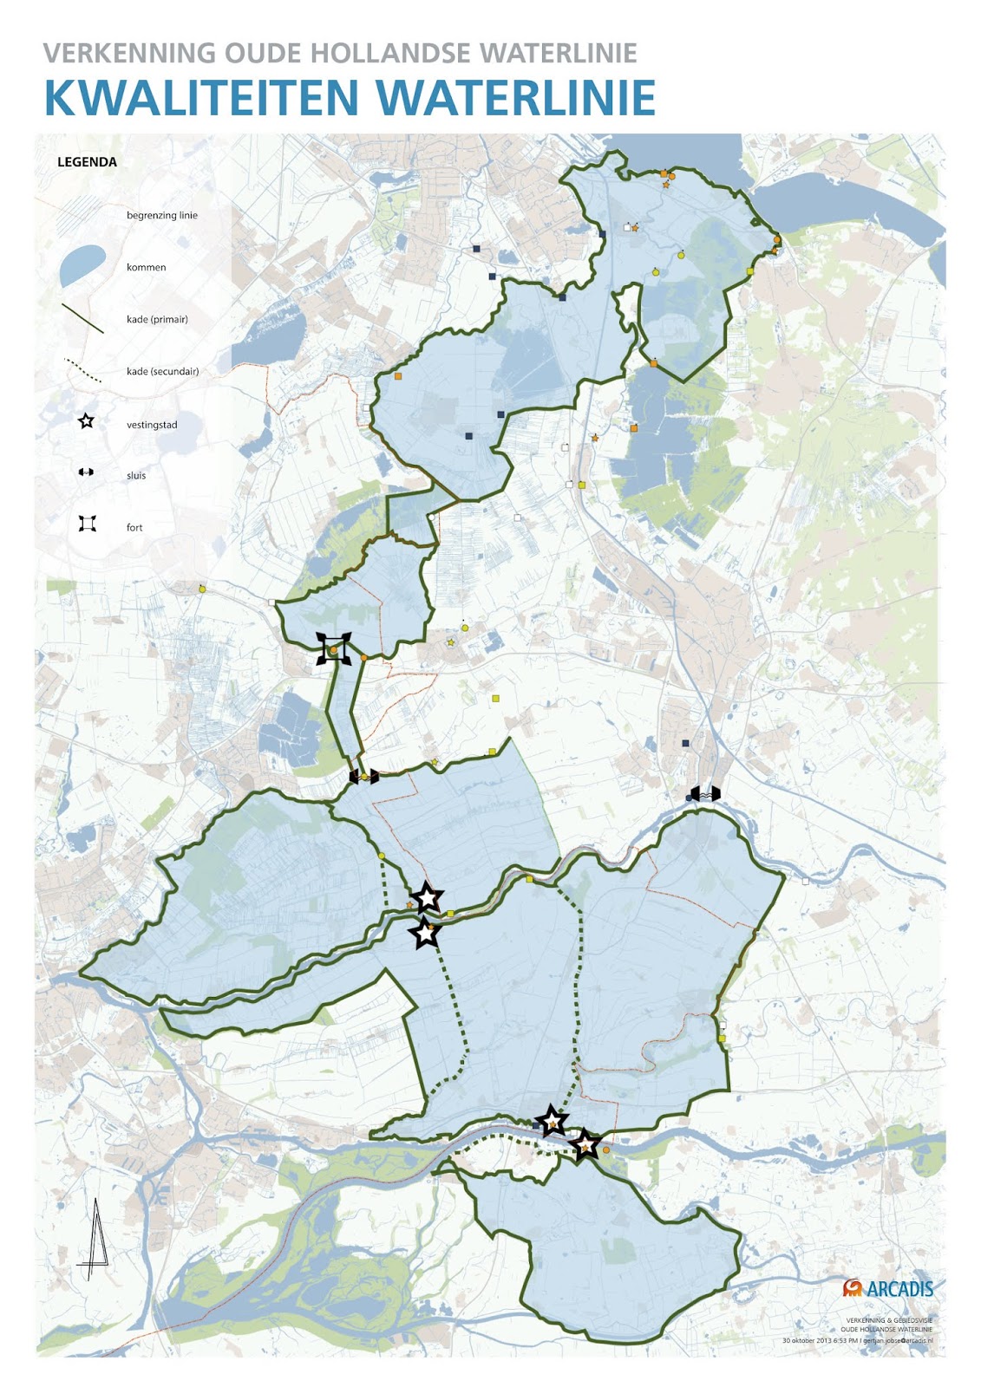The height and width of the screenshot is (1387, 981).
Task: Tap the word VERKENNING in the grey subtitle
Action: coord(128,53)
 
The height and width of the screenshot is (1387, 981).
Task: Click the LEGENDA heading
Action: coord(87,162)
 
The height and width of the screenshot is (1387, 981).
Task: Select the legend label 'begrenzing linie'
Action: coord(161,216)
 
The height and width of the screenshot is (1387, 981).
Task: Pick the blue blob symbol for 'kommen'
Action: coord(82,265)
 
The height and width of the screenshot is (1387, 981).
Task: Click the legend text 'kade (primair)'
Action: coord(157,320)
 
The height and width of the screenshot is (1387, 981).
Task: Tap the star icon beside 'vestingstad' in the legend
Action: coord(86,422)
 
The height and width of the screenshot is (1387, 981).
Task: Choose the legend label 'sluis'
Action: coord(136,476)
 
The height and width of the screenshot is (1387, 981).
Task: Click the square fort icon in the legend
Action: coord(87,524)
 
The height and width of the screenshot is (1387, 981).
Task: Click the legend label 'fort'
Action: coord(134,528)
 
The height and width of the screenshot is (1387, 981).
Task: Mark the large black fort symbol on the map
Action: coord(334,648)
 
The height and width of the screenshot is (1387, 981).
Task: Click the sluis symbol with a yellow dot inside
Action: coord(364,777)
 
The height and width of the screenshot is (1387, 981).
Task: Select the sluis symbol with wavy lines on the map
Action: coord(705,793)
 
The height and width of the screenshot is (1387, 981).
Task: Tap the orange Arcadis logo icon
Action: coord(852,1288)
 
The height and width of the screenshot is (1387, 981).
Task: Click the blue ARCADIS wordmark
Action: coord(899,1289)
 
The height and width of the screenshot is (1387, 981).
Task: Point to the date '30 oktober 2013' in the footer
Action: coord(806,1340)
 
